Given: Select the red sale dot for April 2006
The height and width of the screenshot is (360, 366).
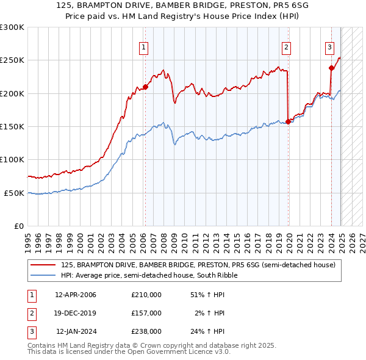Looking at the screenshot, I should tap(146, 87).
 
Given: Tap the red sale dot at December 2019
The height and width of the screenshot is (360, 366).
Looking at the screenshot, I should tap(288, 121).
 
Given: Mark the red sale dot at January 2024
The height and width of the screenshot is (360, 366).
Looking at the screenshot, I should tap(331, 68).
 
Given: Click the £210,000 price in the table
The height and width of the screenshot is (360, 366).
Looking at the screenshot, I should tap(146, 295).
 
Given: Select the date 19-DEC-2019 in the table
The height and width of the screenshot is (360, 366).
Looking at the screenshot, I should tap(76, 313).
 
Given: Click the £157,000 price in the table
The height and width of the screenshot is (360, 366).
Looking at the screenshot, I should tap(146, 313).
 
